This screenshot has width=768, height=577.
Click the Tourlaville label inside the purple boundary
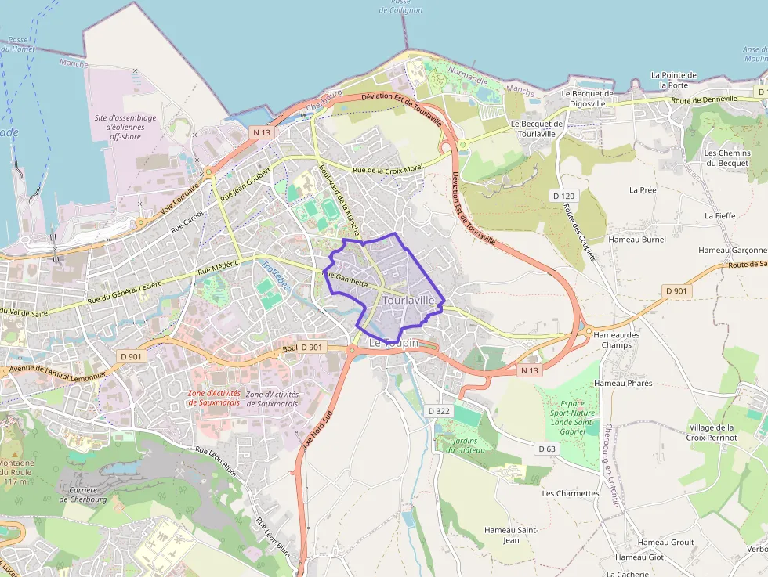pos(408,300)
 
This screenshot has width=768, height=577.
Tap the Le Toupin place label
pos(394,343)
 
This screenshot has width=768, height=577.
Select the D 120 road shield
pos(563,195)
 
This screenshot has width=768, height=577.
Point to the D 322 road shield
pos(439,410)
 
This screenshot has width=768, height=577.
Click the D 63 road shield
pos(547,449)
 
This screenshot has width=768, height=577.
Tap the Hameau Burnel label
pos(637,240)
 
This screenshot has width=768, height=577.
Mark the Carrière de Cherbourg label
pos(83,494)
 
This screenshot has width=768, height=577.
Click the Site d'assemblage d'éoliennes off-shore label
pos(125,127)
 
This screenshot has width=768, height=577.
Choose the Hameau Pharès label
pos(623,383)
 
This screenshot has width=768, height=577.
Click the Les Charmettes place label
pos(571,493)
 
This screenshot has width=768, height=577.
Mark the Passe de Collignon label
pos(400,6)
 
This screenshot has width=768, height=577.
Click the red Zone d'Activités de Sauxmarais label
pos(214,398)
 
